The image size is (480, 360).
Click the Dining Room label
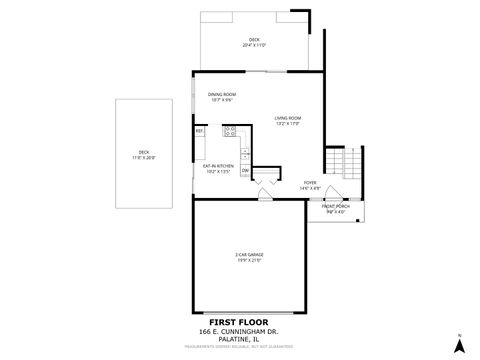(x=222, y=97)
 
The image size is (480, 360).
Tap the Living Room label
(x=288, y=120)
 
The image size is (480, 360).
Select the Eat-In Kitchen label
(x=218, y=169)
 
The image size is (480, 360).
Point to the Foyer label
(x=311, y=185)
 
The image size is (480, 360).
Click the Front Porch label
(x=335, y=209)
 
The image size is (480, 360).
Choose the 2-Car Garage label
(x=248, y=258)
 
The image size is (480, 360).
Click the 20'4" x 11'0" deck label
(x=254, y=43)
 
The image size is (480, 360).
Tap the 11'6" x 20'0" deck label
(x=145, y=155)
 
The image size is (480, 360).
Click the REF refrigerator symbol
(x=200, y=131)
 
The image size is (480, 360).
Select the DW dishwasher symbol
(x=244, y=170)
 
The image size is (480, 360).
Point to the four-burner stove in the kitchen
(x=229, y=131)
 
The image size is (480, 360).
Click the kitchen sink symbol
(x=244, y=152)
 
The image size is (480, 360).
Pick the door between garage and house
(x=265, y=195)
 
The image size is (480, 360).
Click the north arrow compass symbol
(x=458, y=344)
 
